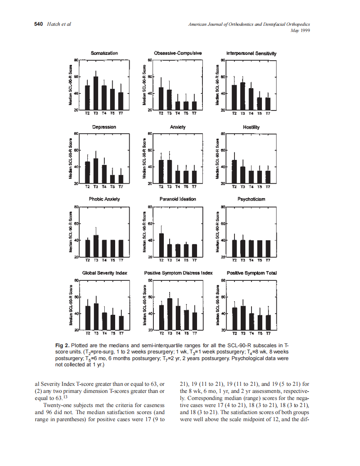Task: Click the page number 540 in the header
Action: click(x=38, y=24)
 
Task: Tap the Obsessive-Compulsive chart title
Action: click(x=178, y=53)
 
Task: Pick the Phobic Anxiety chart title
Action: click(x=104, y=199)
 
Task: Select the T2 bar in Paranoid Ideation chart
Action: click(x=161, y=245)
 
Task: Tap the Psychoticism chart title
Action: click(x=251, y=199)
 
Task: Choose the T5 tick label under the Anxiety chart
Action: click(x=186, y=187)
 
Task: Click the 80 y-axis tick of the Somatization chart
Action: click(x=76, y=60)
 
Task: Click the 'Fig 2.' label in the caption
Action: click(x=62, y=346)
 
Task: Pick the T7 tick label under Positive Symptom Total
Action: click(x=268, y=333)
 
